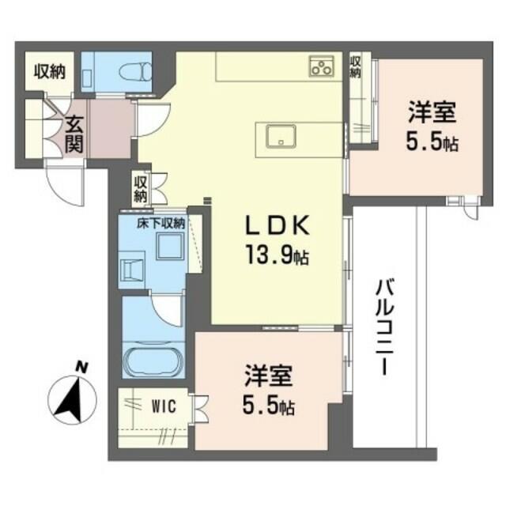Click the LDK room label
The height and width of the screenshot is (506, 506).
point(278,225)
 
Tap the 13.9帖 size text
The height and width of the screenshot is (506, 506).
point(278,255)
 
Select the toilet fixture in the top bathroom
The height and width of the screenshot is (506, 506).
point(135,71)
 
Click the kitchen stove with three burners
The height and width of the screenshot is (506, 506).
point(322,66)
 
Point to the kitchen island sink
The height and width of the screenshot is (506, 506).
point(281,136)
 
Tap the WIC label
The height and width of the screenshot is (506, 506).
point(164,406)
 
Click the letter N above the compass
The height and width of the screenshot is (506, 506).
point(82,368)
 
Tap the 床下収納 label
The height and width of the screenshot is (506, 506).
point(160,224)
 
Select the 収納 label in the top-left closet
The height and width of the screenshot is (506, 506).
point(50,72)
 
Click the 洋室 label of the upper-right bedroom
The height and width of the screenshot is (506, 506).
point(432,111)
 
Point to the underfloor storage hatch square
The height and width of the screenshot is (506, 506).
point(170,246)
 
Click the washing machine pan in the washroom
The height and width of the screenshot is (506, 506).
point(132,270)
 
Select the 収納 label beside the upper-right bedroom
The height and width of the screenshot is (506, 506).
point(355,66)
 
